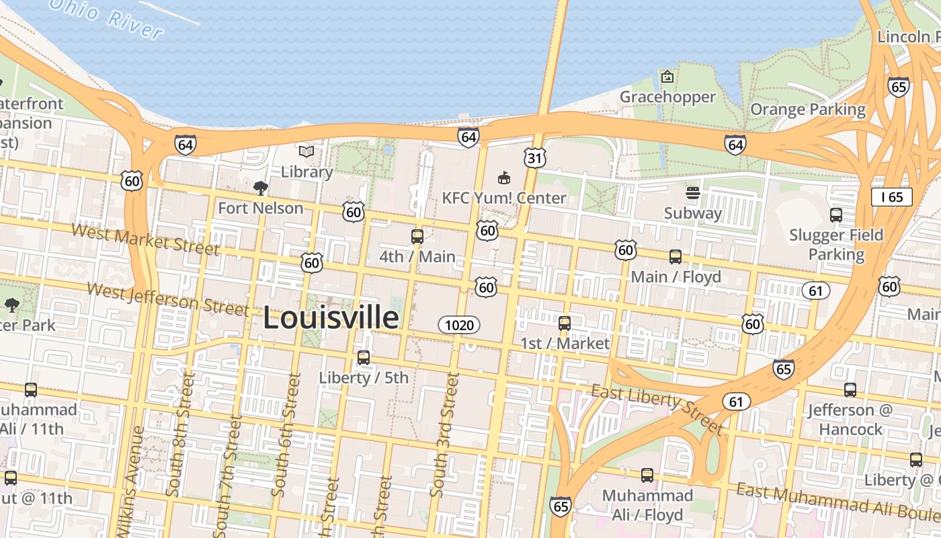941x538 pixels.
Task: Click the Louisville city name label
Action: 331,317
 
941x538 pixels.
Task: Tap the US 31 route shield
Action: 535,158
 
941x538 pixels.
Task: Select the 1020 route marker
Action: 460,325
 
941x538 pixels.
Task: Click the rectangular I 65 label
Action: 891,197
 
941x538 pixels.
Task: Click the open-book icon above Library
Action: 306,152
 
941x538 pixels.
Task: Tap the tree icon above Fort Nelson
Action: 261,188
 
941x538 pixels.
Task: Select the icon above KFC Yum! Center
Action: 503,178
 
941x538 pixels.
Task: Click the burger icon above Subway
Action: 693,194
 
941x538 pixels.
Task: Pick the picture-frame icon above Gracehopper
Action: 667,77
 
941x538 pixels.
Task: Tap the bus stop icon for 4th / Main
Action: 417,237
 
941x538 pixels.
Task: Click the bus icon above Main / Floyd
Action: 676,257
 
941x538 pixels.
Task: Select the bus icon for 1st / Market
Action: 565,323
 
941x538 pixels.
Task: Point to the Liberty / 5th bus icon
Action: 364,358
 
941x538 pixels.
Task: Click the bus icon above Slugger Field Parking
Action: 836,215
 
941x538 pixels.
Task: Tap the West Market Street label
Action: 145,239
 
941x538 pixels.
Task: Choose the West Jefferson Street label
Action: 168,299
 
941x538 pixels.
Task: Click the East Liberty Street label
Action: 657,409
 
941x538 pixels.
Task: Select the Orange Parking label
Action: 808,109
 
